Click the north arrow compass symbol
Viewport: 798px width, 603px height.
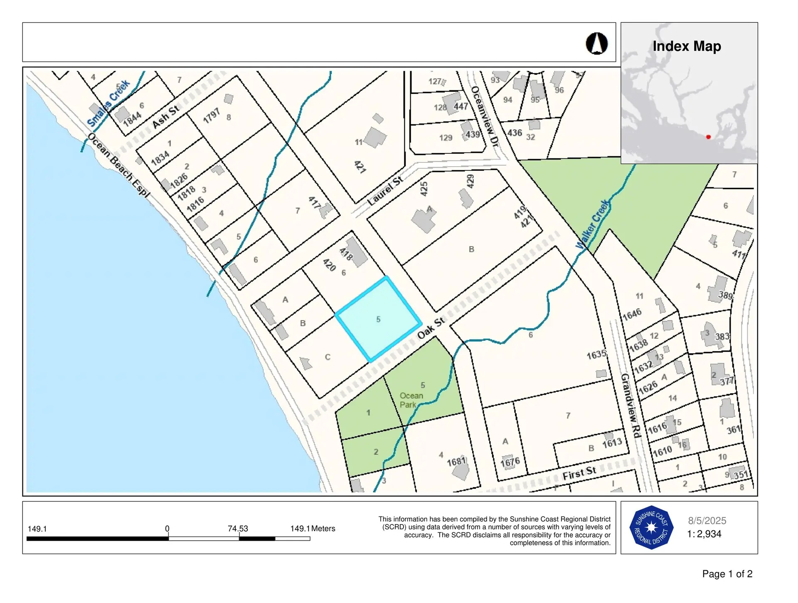pyautogui.click(x=597, y=43)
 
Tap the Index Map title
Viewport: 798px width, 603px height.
pyautogui.click(x=687, y=46)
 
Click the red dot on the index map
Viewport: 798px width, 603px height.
pyautogui.click(x=708, y=137)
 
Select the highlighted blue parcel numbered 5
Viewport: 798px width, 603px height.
pyautogui.click(x=378, y=319)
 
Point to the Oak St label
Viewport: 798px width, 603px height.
pyautogui.click(x=431, y=327)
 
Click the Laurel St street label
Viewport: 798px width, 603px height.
pyautogui.click(x=385, y=190)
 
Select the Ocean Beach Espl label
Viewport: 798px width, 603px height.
pyautogui.click(x=119, y=165)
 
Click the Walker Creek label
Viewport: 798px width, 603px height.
pyautogui.click(x=593, y=224)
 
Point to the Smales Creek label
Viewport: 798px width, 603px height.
pyautogui.click(x=108, y=103)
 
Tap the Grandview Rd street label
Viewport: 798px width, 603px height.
pyautogui.click(x=631, y=405)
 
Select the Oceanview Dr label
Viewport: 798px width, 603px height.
pyautogui.click(x=485, y=115)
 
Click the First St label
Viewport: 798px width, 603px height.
pyautogui.click(x=579, y=473)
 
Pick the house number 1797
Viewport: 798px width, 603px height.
pyautogui.click(x=212, y=116)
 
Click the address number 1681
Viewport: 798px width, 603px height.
pyautogui.click(x=456, y=461)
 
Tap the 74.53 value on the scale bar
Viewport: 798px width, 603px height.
pyautogui.click(x=238, y=529)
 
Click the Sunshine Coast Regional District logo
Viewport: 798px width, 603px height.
pyautogui.click(x=651, y=527)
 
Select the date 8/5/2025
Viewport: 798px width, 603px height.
pyautogui.click(x=707, y=521)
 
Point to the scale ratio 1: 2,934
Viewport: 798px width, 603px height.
pyautogui.click(x=704, y=534)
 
